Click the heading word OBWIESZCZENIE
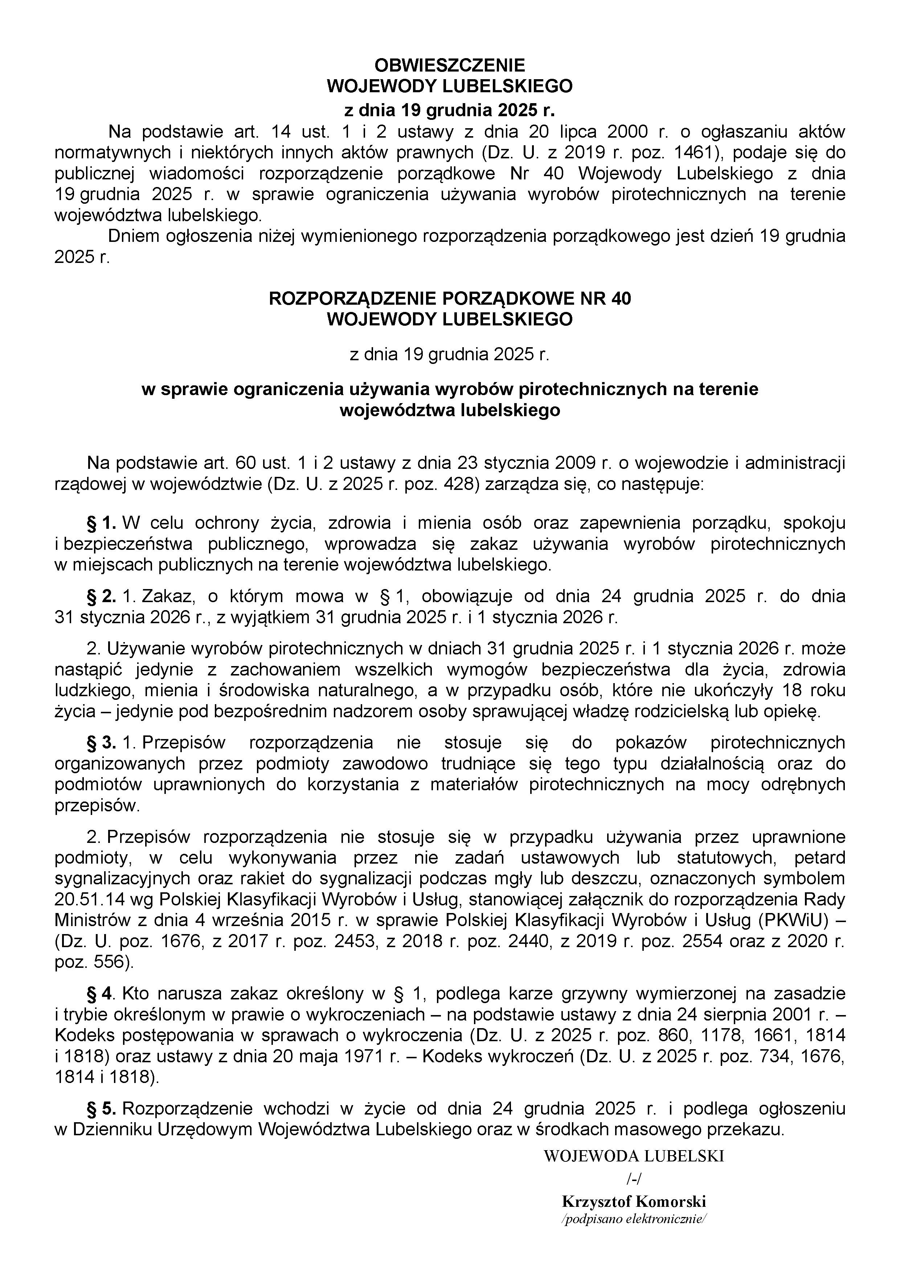pyautogui.click(x=450, y=65)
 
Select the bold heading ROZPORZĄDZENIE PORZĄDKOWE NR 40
pyautogui.click(x=450, y=299)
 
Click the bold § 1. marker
pyautogui.click(x=102, y=523)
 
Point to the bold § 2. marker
pyautogui.click(x=102, y=596)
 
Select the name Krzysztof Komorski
pyautogui.click(x=634, y=1202)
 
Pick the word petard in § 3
pyautogui.click(x=819, y=857)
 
